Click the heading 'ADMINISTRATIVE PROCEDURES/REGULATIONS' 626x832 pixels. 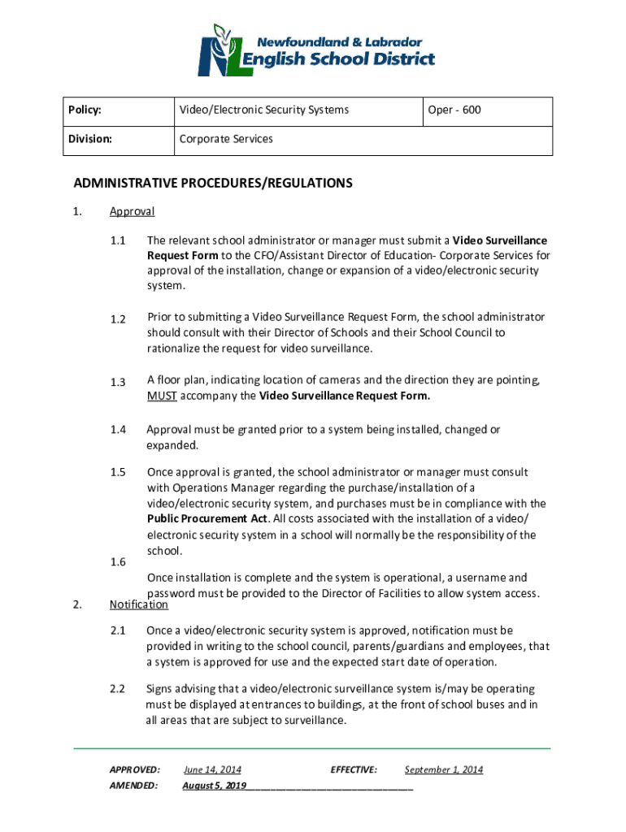click(x=213, y=184)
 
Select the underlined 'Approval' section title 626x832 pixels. click(x=132, y=212)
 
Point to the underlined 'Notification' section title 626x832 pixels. click(x=138, y=604)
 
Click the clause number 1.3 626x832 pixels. click(x=118, y=382)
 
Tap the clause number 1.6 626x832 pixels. click(x=118, y=562)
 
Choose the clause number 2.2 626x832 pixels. click(x=118, y=689)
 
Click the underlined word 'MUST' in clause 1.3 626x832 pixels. click(x=160, y=396)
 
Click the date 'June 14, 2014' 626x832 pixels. click(x=212, y=769)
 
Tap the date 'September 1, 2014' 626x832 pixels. click(x=443, y=769)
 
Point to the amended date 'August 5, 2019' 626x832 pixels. click(x=215, y=786)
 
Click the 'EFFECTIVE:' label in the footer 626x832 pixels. click(x=354, y=769)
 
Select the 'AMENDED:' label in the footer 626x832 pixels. click(x=134, y=786)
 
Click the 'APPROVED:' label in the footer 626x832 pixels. click(x=134, y=769)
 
